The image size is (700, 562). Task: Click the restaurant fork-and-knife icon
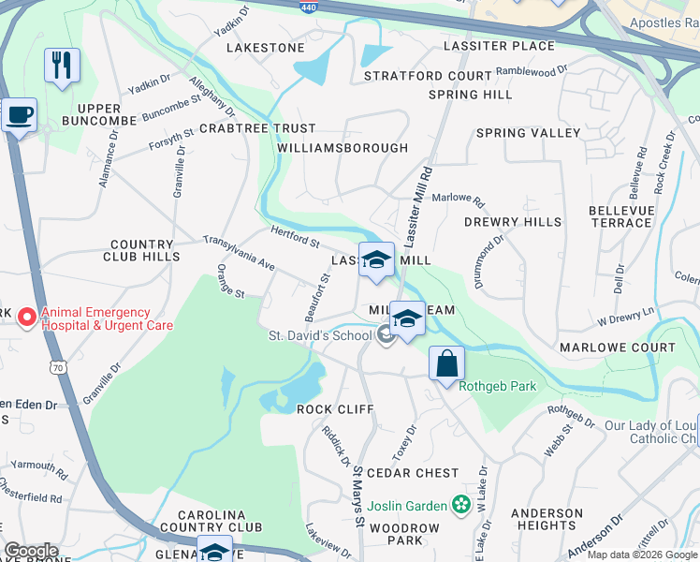pos(62,66)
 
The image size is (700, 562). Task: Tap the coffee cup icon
pos(19,116)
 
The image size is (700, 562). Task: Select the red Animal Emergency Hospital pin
pos(27,318)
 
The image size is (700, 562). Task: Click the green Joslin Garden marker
pos(459,506)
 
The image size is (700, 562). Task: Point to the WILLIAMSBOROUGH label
pos(343,148)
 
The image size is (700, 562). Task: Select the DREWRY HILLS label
pos(513,222)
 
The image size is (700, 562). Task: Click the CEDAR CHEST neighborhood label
pos(413,473)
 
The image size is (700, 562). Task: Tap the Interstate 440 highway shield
pos(308,6)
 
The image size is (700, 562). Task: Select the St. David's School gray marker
pos(386,335)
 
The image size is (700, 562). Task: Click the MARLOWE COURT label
pos(617,348)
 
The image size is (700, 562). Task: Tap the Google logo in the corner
pos(30,551)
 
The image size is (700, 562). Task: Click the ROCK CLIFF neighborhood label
pos(335,409)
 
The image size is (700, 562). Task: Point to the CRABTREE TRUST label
pos(257,128)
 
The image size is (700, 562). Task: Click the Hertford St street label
pos(294,236)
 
